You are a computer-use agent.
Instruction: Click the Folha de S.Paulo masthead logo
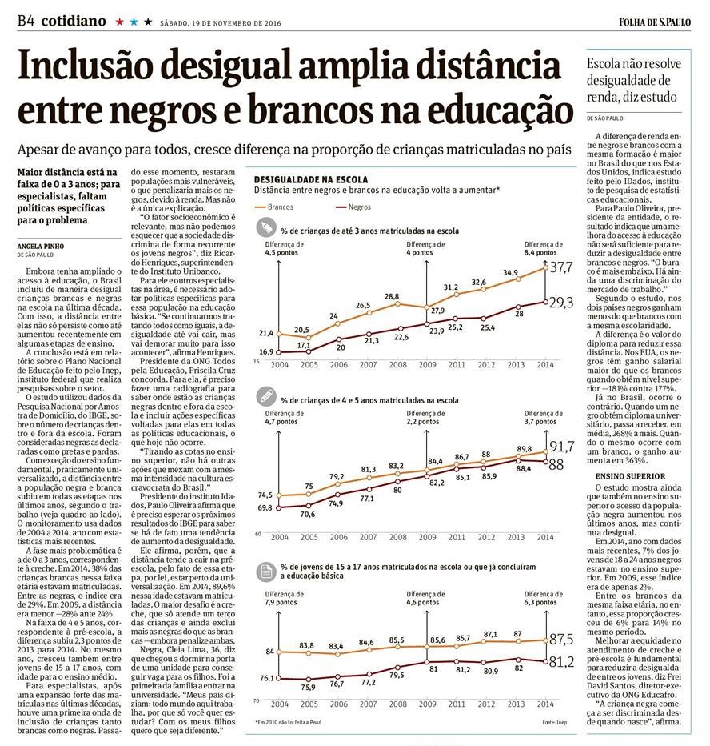pos(656,21)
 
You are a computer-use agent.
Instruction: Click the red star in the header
pos(120,22)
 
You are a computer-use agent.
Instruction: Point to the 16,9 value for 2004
pos(265,351)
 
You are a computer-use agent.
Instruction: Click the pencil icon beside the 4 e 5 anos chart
pos(264,395)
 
